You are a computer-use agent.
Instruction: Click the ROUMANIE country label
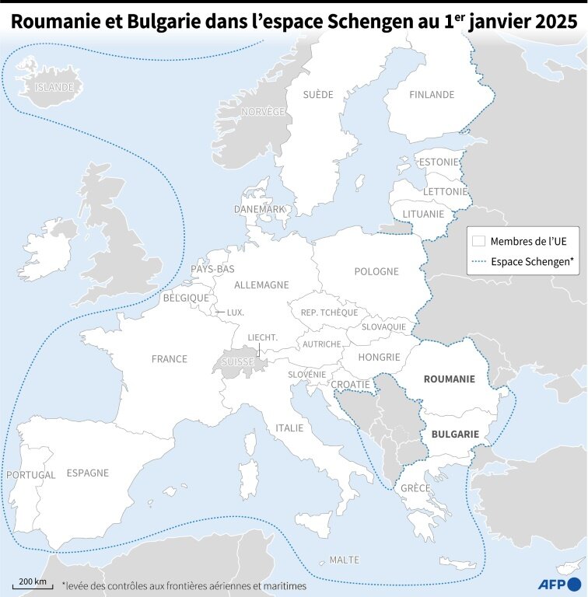tap(449, 379)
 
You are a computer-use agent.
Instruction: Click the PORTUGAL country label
tap(30, 474)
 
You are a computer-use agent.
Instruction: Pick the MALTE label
tap(345, 560)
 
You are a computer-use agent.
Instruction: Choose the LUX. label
tap(235, 312)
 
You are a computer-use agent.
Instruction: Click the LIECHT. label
tap(263, 337)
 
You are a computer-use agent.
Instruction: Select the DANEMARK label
tap(260, 210)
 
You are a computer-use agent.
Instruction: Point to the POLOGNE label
tap(376, 272)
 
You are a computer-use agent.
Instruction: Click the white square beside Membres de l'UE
tap(479, 241)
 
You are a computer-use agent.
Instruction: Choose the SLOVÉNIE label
tap(306, 375)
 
